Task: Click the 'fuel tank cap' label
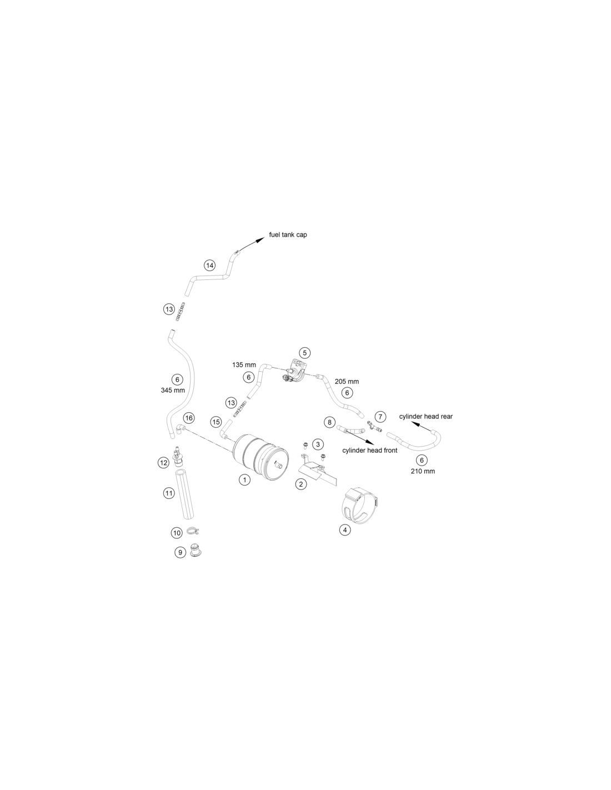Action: pos(288,235)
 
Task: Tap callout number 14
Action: pos(210,266)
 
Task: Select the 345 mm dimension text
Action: pos(173,391)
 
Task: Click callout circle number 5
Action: pos(304,353)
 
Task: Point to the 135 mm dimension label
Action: pos(244,365)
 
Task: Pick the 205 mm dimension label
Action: pos(347,382)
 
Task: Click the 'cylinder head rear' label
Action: pos(426,417)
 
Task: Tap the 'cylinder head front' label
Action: pos(369,451)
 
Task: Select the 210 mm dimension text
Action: pos(423,472)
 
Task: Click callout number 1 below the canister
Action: pos(244,480)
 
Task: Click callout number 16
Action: pos(189,418)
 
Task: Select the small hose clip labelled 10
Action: pos(193,532)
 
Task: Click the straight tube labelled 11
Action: pos(184,495)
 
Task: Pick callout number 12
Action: pos(163,463)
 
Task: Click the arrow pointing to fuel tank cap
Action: pos(251,244)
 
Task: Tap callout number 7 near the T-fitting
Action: pos(380,417)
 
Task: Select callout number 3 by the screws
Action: pos(318,444)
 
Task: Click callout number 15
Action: pos(216,422)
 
